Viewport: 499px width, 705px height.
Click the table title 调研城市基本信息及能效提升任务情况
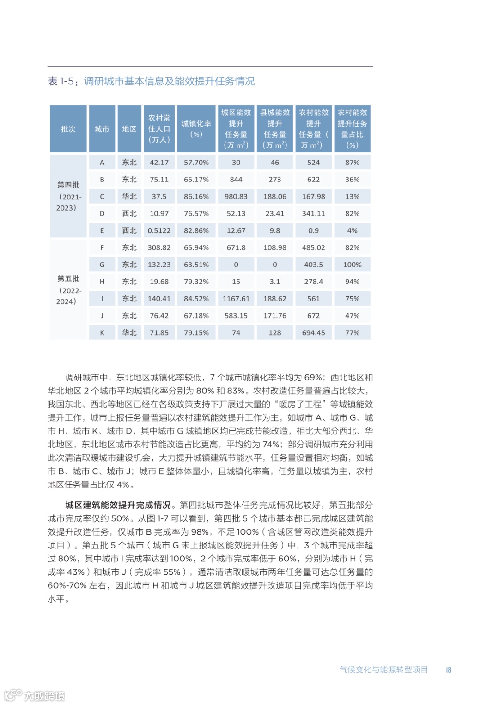coord(169,82)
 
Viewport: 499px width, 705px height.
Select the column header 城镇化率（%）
coord(196,129)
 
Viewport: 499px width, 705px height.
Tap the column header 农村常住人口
coord(159,129)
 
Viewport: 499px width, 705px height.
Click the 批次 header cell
coord(68,129)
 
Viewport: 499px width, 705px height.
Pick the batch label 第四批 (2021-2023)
coord(68,196)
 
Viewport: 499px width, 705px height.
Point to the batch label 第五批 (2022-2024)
coord(68,290)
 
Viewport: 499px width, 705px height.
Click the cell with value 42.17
coord(159,163)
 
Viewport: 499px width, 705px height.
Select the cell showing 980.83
coord(236,197)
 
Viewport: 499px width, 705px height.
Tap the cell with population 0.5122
coord(159,231)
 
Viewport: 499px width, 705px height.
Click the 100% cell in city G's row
coord(352,265)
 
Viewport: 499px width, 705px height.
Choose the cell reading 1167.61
coord(236,299)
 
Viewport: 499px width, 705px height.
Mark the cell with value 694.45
coord(313,333)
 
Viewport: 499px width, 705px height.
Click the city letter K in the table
coord(102,333)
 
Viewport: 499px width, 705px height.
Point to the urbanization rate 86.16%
coord(196,197)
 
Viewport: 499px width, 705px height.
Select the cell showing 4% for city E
coord(352,231)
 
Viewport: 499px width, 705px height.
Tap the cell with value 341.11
coord(313,214)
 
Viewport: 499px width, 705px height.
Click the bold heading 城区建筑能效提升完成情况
coord(118,505)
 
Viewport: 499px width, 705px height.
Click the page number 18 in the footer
coord(449,670)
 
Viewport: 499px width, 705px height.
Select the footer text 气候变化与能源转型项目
coord(383,670)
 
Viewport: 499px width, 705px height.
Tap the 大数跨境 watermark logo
coord(35,695)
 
